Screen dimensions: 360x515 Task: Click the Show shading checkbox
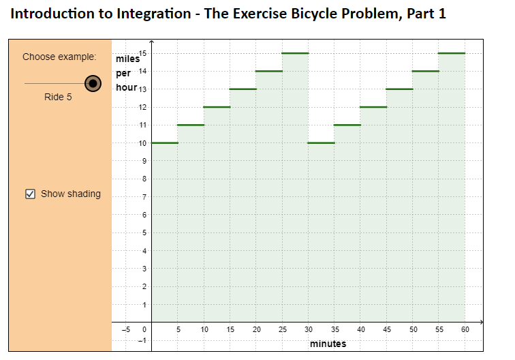point(30,194)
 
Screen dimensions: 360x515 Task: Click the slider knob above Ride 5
point(93,83)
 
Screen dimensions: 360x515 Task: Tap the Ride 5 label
point(58,97)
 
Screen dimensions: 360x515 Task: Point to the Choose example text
point(59,57)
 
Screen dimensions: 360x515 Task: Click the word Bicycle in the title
point(305,14)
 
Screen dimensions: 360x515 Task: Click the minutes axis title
point(328,344)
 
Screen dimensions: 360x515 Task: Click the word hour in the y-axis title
point(126,88)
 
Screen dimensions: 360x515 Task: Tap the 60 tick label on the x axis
point(465,329)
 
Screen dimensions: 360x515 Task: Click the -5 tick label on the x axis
point(125,329)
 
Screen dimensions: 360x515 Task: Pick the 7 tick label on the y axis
point(144,197)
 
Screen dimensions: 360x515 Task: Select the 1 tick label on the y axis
point(144,304)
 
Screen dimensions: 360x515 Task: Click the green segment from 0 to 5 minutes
point(165,142)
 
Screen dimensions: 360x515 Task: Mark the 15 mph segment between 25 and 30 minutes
point(296,53)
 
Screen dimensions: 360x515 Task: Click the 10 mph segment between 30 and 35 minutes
point(322,142)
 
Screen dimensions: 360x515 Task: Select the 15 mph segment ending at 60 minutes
point(452,53)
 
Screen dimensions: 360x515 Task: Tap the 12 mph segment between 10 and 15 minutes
point(217,107)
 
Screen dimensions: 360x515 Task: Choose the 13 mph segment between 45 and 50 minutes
point(400,89)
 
